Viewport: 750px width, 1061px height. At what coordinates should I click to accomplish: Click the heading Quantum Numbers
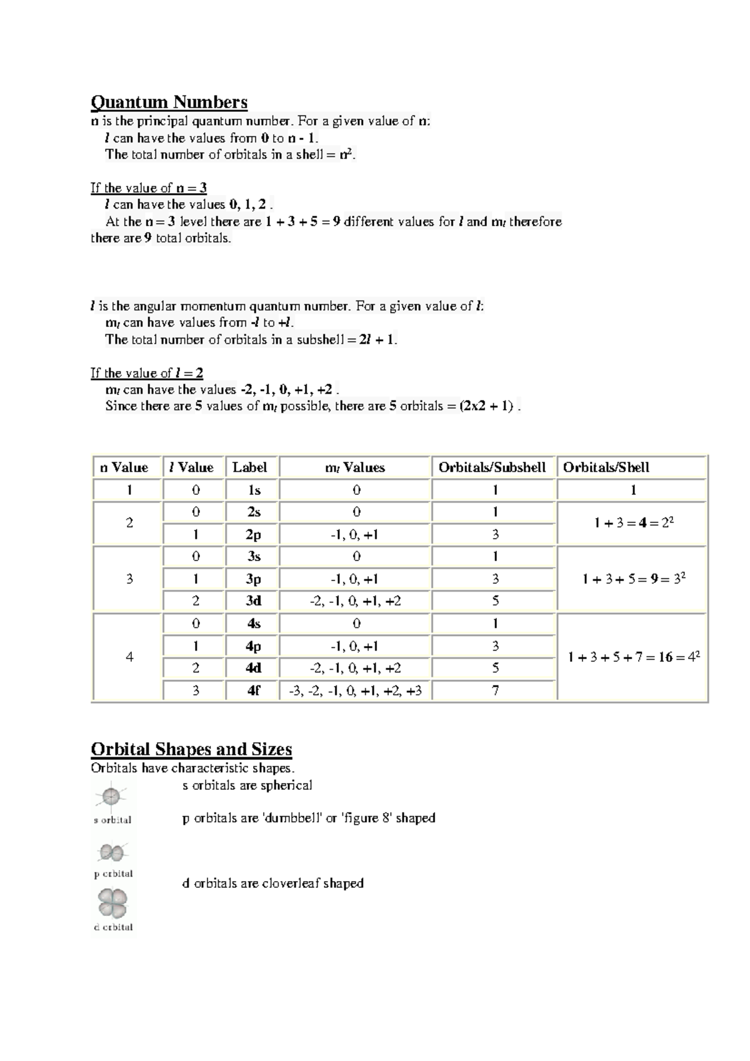pos(169,102)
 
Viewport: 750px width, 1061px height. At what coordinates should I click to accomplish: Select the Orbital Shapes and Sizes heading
pos(191,749)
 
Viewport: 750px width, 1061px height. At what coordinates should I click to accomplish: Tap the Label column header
pos(250,467)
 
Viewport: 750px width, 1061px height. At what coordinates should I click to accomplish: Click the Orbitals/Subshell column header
pos(492,467)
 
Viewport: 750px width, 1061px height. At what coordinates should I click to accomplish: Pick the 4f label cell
pos(253,690)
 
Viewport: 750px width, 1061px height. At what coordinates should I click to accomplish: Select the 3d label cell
pos(253,601)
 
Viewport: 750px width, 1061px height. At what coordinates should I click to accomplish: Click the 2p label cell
pos(253,534)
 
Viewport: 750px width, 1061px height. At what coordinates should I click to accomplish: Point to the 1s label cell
pos(253,490)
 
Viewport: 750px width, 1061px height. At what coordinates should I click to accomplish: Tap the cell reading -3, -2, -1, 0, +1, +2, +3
pos(355,690)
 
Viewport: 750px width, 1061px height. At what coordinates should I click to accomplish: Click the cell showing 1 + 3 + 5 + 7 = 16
pos(633,657)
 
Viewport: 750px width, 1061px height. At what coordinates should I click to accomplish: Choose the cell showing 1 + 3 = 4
pos(633,523)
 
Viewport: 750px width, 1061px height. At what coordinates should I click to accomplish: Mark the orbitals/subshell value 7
pos(495,690)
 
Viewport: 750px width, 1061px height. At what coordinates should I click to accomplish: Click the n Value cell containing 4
pos(129,657)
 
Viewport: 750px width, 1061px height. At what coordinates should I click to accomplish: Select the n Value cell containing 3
pos(129,579)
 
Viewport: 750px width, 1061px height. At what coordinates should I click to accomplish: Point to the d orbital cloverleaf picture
pos(112,904)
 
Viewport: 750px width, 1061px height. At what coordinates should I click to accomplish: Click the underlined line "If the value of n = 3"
pos(149,187)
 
